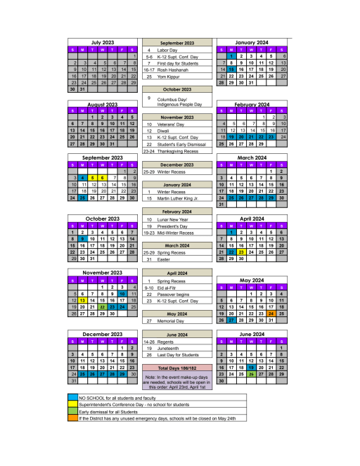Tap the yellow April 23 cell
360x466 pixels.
point(241,251)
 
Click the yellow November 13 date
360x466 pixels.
point(82,300)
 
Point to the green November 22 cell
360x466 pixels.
point(103,306)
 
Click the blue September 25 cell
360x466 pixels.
point(82,198)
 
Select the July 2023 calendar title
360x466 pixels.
point(103,42)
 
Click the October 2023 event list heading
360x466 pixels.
point(176,89)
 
